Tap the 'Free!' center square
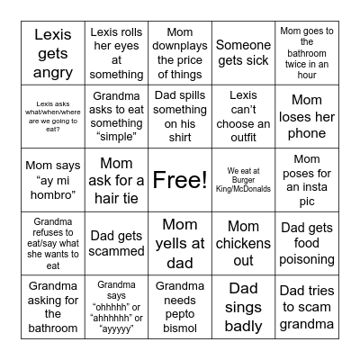[x=180, y=180]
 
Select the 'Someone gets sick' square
[x=243, y=53]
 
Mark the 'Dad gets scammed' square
[x=117, y=243]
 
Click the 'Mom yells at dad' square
[x=180, y=243]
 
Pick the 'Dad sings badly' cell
[x=243, y=307]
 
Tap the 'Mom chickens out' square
[x=243, y=243]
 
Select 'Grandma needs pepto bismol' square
[x=180, y=307]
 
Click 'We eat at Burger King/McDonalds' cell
[x=243, y=180]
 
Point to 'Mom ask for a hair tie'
[x=117, y=180]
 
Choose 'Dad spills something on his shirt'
[x=180, y=117]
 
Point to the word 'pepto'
[x=180, y=314]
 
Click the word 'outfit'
[x=243, y=138]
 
